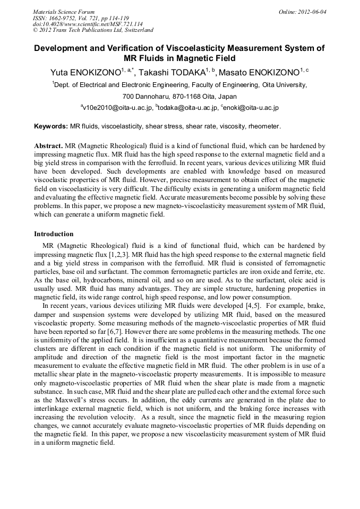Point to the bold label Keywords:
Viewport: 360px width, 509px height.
pos(51,126)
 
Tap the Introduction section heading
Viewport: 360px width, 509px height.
pos(54,234)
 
